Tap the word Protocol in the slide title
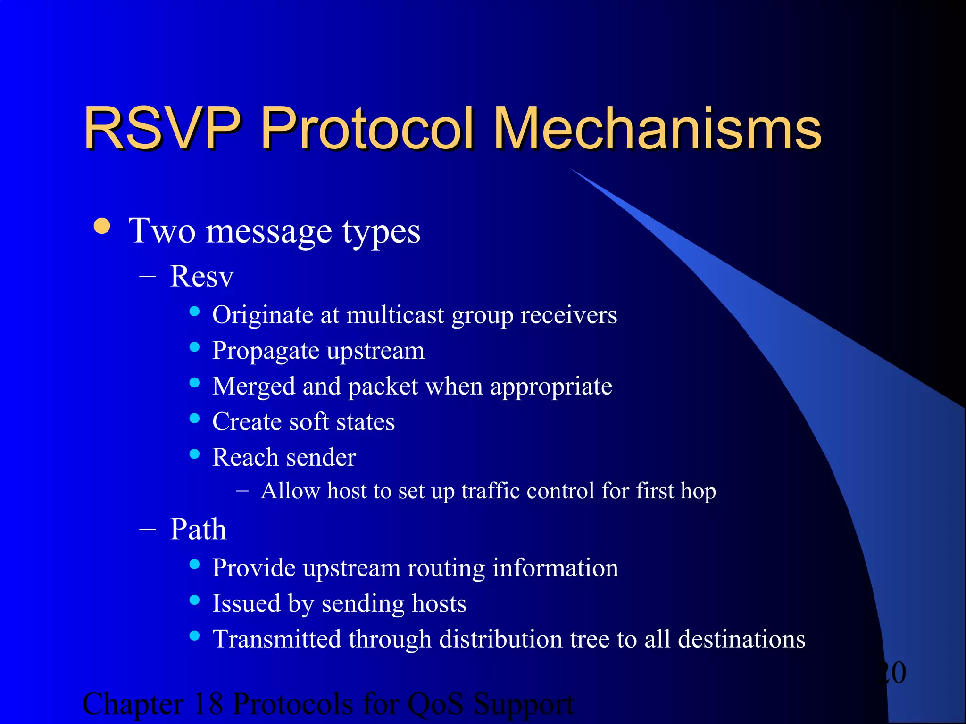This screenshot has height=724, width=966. pos(367,128)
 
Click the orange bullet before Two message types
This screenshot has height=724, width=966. pos(102,226)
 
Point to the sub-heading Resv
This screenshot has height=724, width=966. pos(201,276)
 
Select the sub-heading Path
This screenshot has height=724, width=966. pos(198,529)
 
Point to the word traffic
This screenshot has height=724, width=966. pos(491,491)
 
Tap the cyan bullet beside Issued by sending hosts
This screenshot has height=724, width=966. pos(194,600)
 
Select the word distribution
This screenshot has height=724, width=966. pos(500,640)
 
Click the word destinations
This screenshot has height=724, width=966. pos(741,640)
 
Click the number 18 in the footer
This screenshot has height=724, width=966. pos(208,704)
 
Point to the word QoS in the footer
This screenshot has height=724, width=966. pos(435,704)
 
